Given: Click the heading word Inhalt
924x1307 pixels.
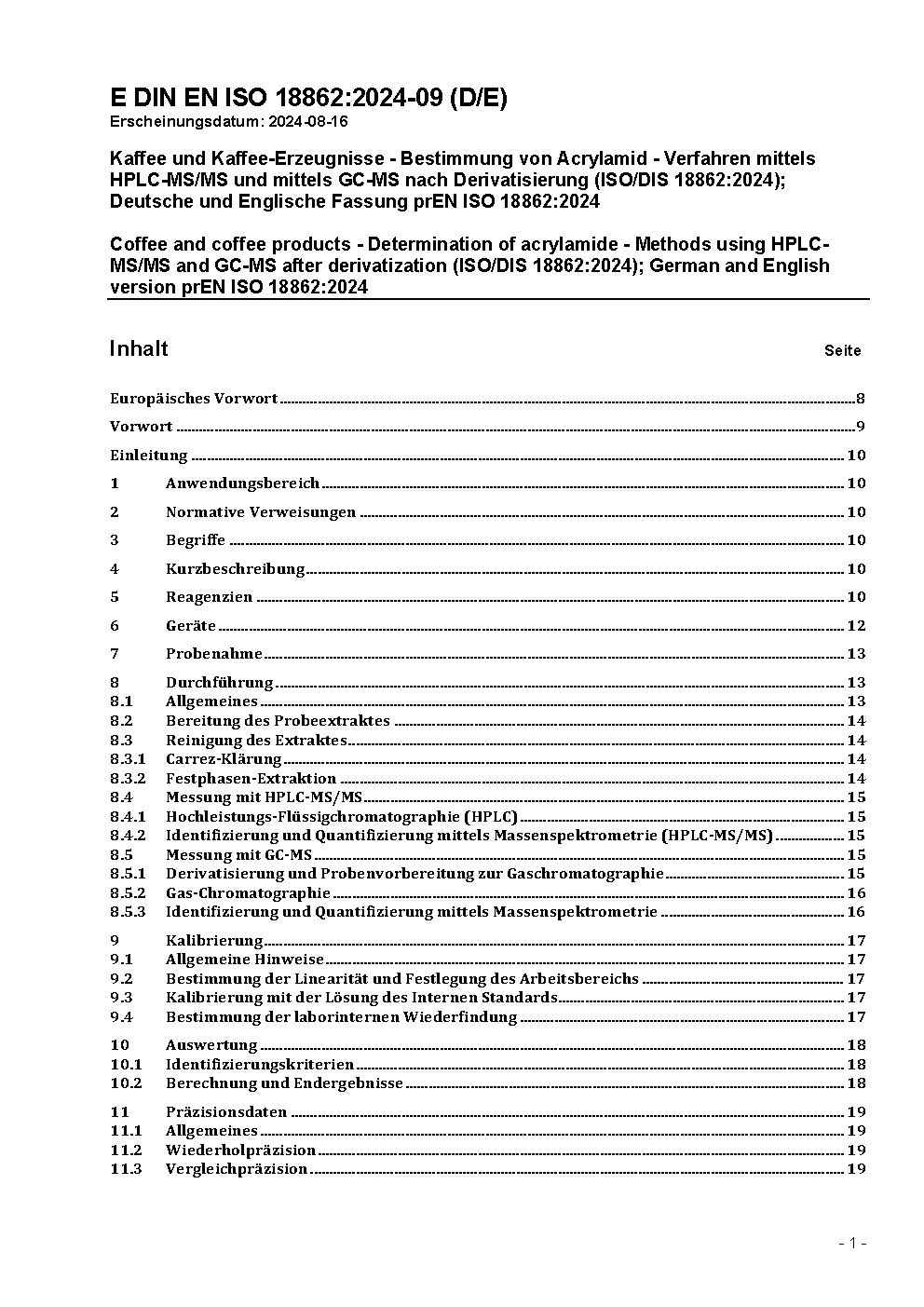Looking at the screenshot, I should click(139, 348).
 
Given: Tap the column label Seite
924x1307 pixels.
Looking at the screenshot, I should click(842, 351).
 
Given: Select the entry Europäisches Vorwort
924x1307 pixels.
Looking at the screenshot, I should click(194, 399).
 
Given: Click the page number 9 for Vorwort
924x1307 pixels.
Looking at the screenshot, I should click(861, 427).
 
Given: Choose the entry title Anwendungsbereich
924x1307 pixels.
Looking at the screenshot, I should click(242, 483).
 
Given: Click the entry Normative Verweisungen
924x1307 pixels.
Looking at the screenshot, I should click(261, 512).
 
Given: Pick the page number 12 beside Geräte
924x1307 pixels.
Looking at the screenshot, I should click(855, 626).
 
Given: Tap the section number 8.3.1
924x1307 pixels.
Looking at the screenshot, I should click(128, 759).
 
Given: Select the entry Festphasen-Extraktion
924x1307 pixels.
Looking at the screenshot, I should click(251, 779).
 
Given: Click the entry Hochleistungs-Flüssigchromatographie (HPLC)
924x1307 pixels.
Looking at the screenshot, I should click(341, 817).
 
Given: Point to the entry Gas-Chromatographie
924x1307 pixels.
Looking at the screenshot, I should click(248, 893).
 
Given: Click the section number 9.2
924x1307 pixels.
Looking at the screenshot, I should click(121, 979).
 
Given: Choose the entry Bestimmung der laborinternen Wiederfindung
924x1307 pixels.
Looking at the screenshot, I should click(341, 1017).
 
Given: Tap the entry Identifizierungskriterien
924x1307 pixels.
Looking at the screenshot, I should click(260, 1065).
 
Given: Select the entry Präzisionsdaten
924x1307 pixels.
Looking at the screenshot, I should click(226, 1112).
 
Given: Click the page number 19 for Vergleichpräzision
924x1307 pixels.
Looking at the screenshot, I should click(855, 1169).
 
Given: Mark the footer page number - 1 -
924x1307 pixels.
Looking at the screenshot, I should click(852, 1243).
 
